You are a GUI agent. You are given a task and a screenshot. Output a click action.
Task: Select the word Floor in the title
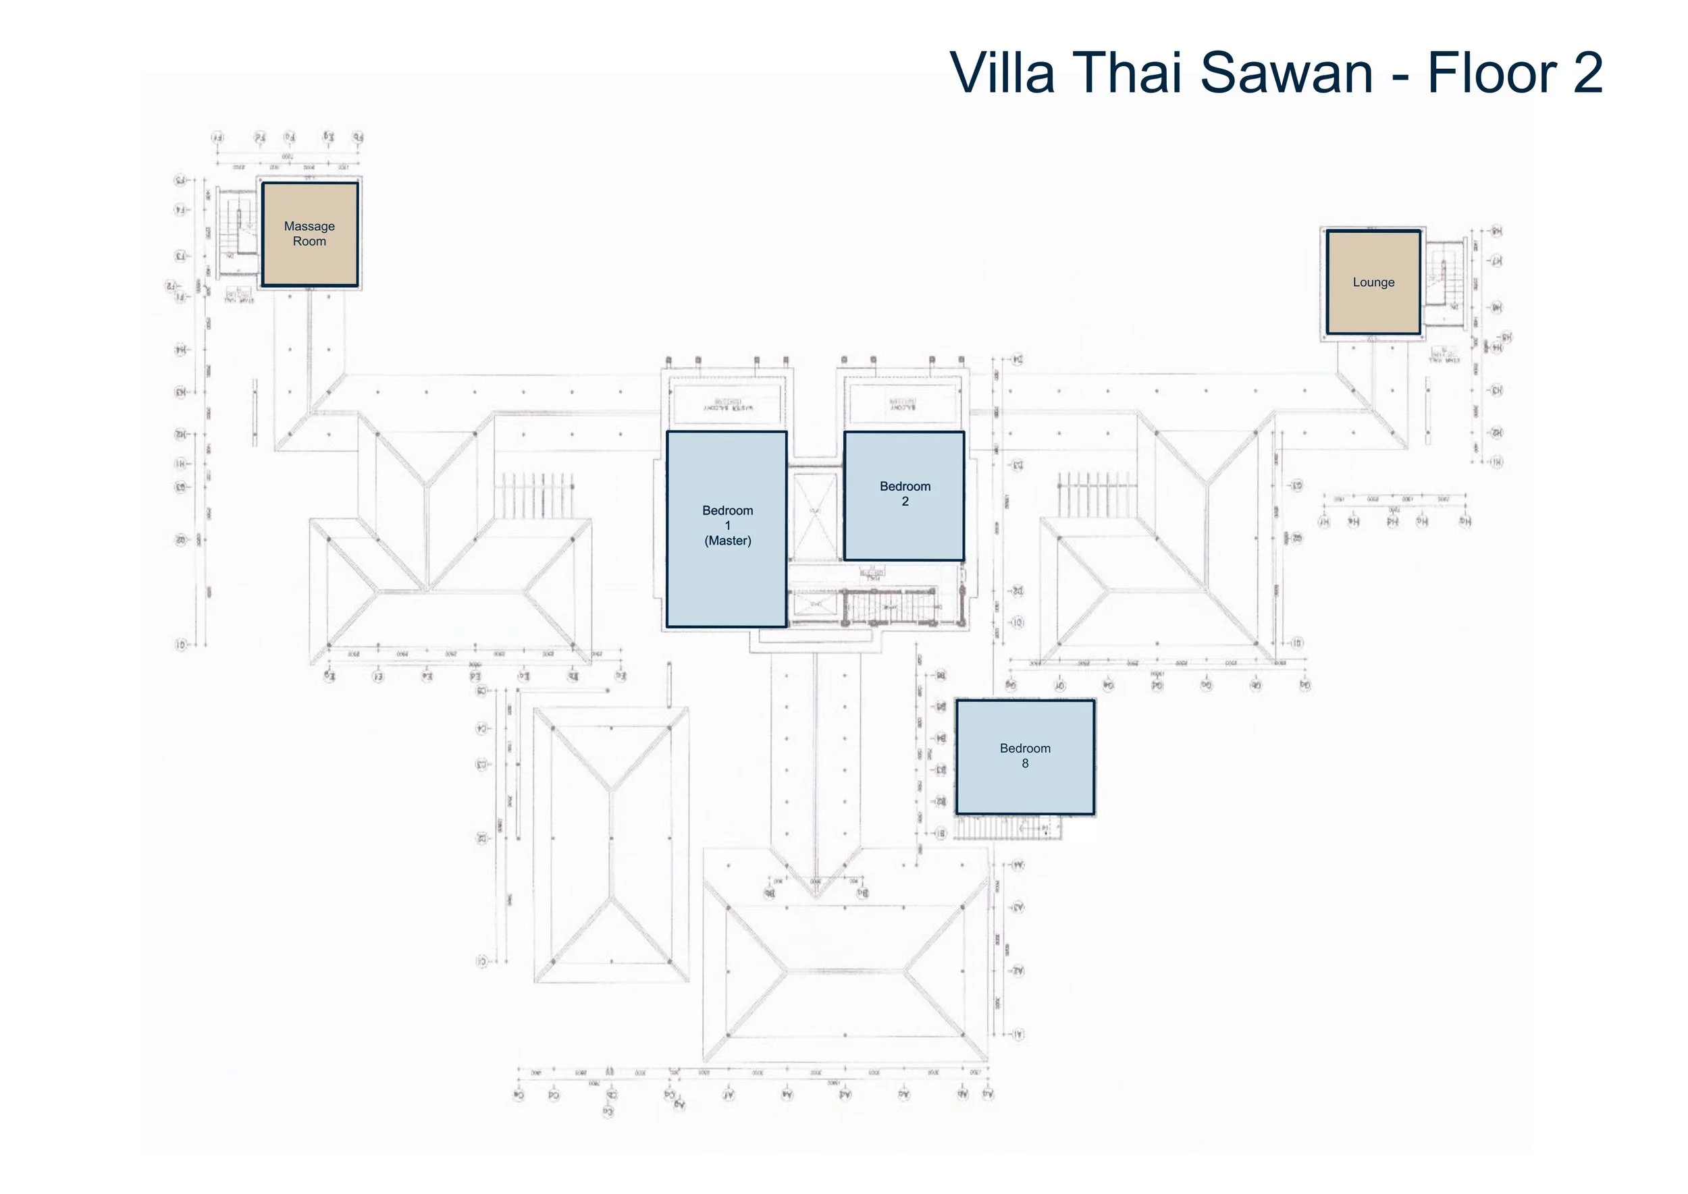pyautogui.click(x=1490, y=74)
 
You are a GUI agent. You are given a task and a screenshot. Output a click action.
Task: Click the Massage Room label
pyautogui.click(x=309, y=234)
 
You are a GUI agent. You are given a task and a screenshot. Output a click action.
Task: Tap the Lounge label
pyautogui.click(x=1373, y=282)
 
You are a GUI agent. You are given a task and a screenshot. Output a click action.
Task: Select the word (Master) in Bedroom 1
pyautogui.click(x=727, y=541)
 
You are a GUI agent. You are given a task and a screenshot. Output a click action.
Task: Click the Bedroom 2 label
pyautogui.click(x=905, y=494)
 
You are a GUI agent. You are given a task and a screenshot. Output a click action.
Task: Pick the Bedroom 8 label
pyautogui.click(x=1024, y=756)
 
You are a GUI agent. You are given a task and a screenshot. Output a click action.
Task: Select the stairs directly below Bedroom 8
pyautogui.click(x=1007, y=829)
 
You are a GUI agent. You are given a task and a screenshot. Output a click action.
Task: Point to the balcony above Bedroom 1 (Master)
pyautogui.click(x=727, y=403)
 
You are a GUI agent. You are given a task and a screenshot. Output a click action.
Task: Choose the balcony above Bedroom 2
pyautogui.click(x=903, y=403)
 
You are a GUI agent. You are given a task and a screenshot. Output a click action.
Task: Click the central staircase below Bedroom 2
pyautogui.click(x=890, y=607)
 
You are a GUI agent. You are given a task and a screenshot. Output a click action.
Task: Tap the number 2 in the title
pyautogui.click(x=1588, y=74)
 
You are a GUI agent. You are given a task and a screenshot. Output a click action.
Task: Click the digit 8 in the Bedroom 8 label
pyautogui.click(x=1024, y=764)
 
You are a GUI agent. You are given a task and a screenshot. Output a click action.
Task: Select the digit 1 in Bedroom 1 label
pyautogui.click(x=727, y=526)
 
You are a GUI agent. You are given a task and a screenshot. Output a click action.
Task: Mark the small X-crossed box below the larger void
pyautogui.click(x=814, y=604)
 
